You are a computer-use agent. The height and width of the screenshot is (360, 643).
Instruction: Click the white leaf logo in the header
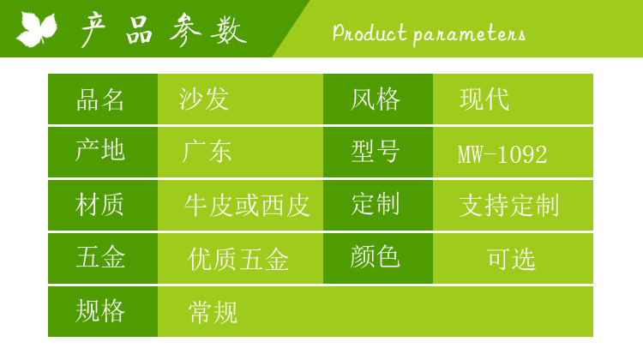coord(37,28)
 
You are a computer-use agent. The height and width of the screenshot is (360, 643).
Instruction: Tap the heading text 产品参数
coord(164,30)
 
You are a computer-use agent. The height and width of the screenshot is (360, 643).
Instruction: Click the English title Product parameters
coord(429,33)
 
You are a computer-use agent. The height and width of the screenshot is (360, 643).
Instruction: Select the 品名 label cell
coord(103,99)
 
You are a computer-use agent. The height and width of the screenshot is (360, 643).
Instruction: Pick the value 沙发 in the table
coord(204,99)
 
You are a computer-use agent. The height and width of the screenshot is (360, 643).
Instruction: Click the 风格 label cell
coord(378,99)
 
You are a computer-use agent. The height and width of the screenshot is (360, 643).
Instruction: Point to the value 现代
coord(484,99)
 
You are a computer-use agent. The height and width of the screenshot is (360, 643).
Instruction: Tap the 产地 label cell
coord(103,152)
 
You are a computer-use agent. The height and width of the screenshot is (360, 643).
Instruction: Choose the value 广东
coord(207,152)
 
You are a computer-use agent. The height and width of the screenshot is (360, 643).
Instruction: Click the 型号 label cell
coord(378,152)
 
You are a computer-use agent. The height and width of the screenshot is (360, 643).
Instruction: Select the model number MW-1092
coord(502,154)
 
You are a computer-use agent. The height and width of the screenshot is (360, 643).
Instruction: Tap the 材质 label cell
coord(103,205)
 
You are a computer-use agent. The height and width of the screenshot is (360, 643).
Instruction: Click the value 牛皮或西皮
coord(247,206)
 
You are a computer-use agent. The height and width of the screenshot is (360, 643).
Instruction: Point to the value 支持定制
coord(509,205)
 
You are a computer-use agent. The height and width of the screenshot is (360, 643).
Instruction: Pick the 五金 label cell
coord(103,258)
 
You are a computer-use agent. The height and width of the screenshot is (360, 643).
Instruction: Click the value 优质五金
coord(238,259)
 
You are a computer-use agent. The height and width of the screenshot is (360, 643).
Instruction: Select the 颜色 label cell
coord(378,258)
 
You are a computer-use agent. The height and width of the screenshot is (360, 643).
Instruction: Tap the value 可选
coord(511,259)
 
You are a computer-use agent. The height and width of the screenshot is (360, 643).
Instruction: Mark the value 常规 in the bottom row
coord(213,312)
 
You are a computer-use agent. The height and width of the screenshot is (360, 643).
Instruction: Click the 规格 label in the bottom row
coord(100,310)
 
